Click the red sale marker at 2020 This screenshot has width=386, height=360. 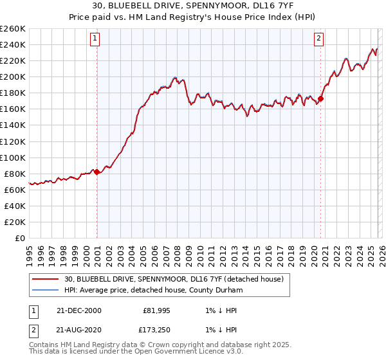[x=321, y=98]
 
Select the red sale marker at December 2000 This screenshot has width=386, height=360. [x=97, y=172]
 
